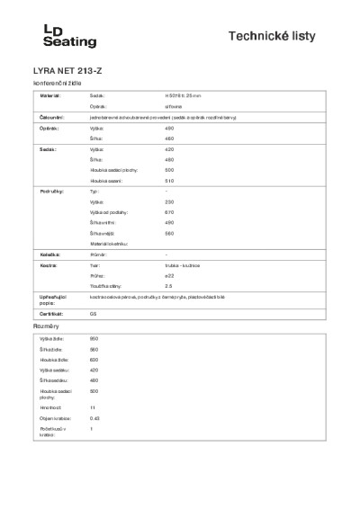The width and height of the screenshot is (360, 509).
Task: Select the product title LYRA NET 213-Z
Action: click(68, 70)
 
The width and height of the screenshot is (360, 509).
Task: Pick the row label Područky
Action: click(53, 192)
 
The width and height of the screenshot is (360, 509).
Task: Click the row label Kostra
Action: click(49, 266)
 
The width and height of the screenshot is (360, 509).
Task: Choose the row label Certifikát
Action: click(53, 313)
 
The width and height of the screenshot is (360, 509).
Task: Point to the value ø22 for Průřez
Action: click(170, 275)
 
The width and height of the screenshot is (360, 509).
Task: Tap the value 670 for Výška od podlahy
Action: click(170, 212)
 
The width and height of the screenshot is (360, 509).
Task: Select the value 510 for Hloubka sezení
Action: click(170, 180)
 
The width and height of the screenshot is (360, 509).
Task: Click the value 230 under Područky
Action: click(170, 202)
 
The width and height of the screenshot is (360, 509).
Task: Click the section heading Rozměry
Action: click(47, 326)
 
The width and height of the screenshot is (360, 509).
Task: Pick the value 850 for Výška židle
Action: click(94, 338)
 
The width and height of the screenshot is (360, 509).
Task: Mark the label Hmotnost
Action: click(49, 407)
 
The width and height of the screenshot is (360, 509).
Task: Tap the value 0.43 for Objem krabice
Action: click(94, 418)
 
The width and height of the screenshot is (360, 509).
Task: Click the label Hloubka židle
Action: click(52, 359)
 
